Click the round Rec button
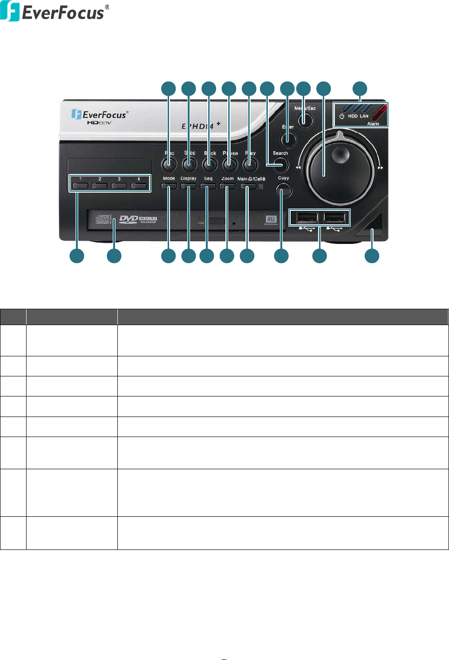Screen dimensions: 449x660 click(x=169, y=164)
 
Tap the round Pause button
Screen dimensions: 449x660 click(x=230, y=164)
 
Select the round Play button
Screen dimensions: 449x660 click(x=250, y=164)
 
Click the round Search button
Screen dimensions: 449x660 click(x=281, y=164)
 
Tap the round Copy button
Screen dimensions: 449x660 click(x=283, y=190)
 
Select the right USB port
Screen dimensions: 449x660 click(x=334, y=217)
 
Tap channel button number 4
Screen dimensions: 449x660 click(x=139, y=186)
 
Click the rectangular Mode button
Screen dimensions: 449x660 click(x=169, y=186)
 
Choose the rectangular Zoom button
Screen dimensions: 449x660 click(x=227, y=186)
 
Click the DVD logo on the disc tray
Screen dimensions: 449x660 click(x=129, y=219)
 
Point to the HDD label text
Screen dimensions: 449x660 click(x=353, y=116)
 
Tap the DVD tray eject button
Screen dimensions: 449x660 click(x=217, y=221)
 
